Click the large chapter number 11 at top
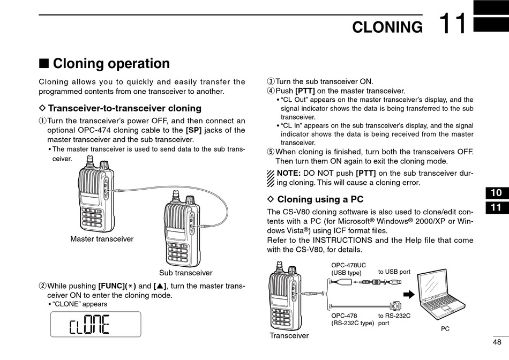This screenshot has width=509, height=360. pyautogui.click(x=453, y=24)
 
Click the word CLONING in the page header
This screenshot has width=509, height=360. pyautogui.click(x=387, y=27)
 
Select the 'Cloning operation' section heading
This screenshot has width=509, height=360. pyautogui.click(x=111, y=64)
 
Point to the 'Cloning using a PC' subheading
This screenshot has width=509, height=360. pyautogui.click(x=320, y=200)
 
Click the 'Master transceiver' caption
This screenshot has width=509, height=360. pyautogui.click(x=102, y=239)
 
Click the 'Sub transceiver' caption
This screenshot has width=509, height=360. pyautogui.click(x=185, y=273)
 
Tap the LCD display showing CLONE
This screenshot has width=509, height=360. pyautogui.click(x=95, y=324)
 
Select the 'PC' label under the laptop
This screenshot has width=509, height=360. pyautogui.click(x=445, y=329)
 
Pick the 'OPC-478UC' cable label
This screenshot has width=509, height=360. pyautogui.click(x=348, y=265)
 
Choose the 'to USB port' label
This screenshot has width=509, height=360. pyautogui.click(x=394, y=272)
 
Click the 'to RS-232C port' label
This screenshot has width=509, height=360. pyautogui.click(x=394, y=319)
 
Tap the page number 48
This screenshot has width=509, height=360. pyautogui.click(x=497, y=342)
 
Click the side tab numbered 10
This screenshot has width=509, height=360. pyautogui.click(x=496, y=193)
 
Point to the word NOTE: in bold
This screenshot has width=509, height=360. pyautogui.click(x=288, y=173)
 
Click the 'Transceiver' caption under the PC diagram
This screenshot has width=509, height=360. pyautogui.click(x=289, y=336)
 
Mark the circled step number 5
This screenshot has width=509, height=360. pyautogui.click(x=271, y=152)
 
